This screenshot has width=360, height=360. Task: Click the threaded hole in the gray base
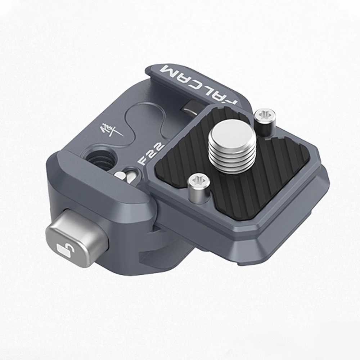point(100,156)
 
